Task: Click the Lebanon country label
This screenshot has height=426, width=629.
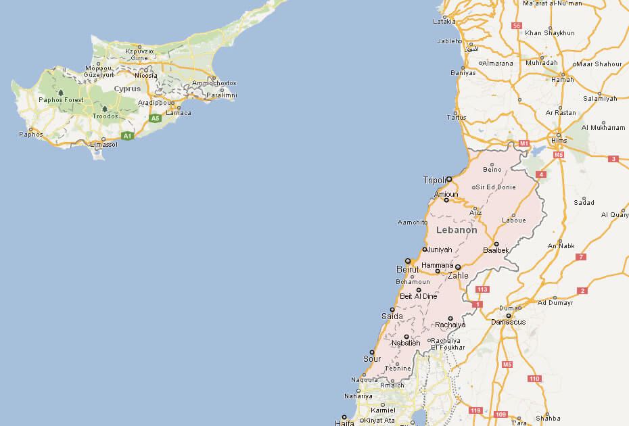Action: coord(457,230)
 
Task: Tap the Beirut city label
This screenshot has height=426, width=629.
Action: coord(407,270)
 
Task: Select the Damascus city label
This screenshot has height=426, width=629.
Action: coord(507,323)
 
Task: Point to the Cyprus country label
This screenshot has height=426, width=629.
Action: coord(127,89)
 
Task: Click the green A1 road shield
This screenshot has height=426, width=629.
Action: coord(127,136)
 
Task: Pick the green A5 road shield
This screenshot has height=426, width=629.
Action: coord(156,118)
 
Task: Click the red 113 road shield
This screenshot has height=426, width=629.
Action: coord(482,289)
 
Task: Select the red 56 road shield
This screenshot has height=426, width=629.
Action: coord(517,26)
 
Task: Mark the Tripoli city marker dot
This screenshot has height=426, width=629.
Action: coord(449,179)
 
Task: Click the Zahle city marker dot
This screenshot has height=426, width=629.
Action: coord(458,267)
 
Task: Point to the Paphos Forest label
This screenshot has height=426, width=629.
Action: coord(61,100)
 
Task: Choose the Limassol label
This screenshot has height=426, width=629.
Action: coord(104,144)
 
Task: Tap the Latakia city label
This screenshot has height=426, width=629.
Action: coord(444,22)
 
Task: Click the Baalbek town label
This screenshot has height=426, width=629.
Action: coord(496,250)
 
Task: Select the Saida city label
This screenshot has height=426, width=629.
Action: coord(392,316)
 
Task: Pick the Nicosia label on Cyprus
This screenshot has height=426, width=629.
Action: coord(145,76)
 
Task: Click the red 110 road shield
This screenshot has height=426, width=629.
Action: coord(534,379)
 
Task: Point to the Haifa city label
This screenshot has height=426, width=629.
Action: coord(344,423)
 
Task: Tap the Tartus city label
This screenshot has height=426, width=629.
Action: coord(457,118)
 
